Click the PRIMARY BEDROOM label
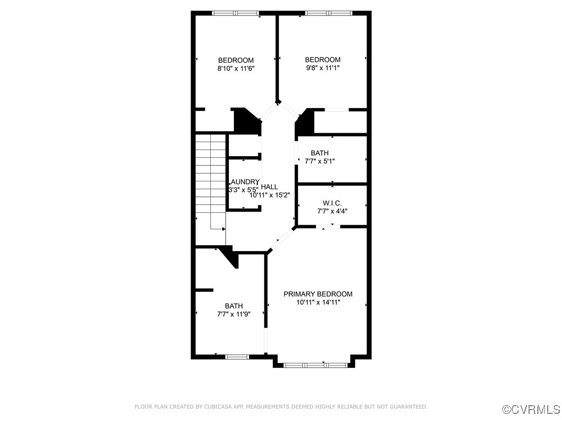click(x=318, y=294)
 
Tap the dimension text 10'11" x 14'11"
click(x=318, y=303)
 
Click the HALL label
click(x=269, y=187)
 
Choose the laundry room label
click(x=244, y=182)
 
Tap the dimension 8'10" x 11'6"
click(x=236, y=69)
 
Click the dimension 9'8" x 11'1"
click(x=323, y=68)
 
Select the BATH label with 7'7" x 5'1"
click(x=319, y=153)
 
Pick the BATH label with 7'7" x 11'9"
click(x=234, y=306)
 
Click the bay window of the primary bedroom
click(x=316, y=365)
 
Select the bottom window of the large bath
click(x=238, y=357)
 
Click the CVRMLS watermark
click(x=532, y=409)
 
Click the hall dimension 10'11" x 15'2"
click(x=270, y=195)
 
